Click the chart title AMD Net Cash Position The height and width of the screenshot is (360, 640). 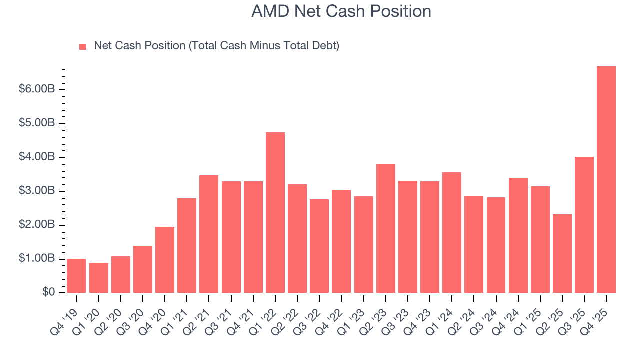point(341,11)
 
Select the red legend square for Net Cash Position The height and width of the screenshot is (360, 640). point(83,46)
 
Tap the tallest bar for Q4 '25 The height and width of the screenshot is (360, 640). point(606,180)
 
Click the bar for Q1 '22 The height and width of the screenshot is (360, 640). point(275,212)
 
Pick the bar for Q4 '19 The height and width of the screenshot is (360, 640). point(76,276)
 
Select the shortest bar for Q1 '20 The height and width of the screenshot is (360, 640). point(98,278)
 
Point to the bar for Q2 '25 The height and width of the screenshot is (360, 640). point(562,253)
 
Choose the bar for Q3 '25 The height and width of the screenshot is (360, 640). point(584,225)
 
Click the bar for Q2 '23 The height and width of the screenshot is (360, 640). point(385,228)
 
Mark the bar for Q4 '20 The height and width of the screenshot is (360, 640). point(165,260)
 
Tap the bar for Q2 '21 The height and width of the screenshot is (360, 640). point(209,234)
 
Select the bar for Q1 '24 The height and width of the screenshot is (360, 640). point(451,232)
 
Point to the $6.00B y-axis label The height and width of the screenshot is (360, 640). point(37,89)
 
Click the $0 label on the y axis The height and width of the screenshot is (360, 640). point(48,292)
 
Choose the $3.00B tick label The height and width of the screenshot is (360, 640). point(37,191)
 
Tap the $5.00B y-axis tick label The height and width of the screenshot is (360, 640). point(37,123)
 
